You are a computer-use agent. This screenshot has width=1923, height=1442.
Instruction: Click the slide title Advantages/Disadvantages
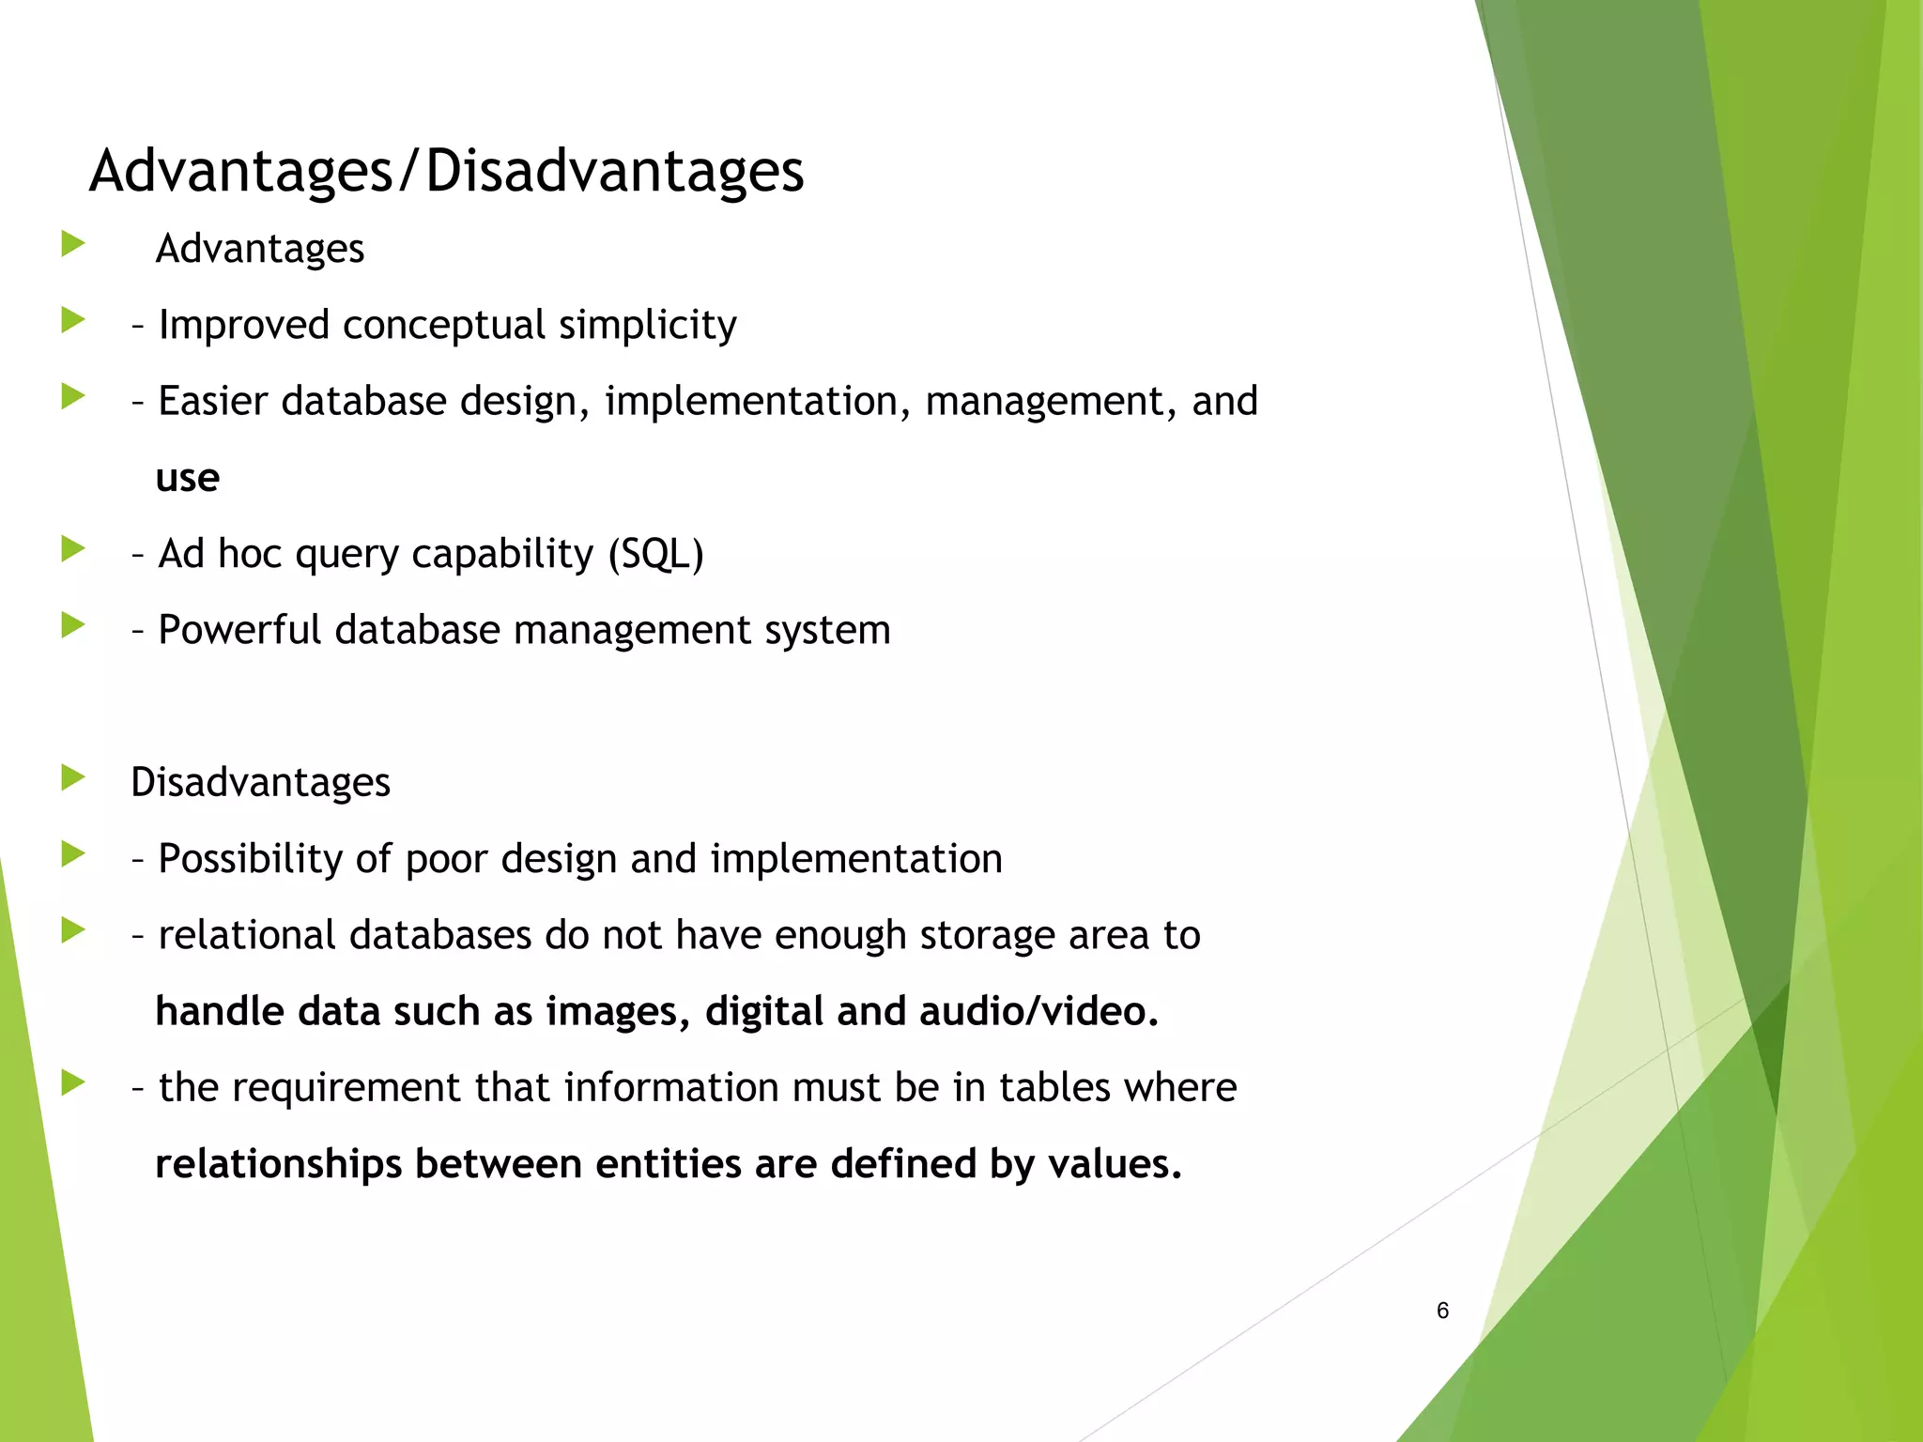point(446,171)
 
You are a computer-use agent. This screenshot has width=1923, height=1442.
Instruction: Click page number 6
point(1442,1311)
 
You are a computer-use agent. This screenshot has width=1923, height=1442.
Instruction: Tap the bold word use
point(187,479)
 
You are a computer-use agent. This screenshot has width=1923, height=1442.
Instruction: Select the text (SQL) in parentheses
point(655,554)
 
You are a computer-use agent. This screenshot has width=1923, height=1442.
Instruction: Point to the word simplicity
point(647,326)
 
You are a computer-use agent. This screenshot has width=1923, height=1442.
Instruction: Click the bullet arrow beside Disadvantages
point(72,777)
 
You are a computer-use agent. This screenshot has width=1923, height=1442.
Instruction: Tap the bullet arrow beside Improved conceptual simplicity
point(72,320)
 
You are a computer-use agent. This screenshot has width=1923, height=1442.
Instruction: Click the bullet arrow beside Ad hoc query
point(72,548)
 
